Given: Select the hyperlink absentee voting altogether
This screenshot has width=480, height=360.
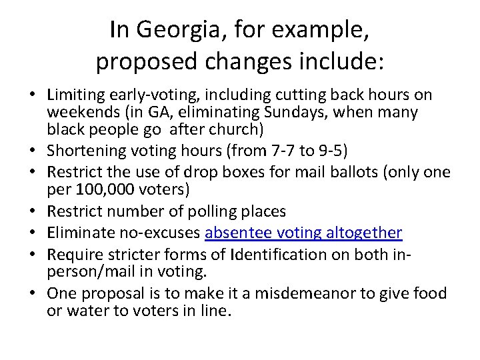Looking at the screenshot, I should [x=304, y=233].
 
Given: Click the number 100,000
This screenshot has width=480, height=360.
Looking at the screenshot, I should [x=105, y=190].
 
